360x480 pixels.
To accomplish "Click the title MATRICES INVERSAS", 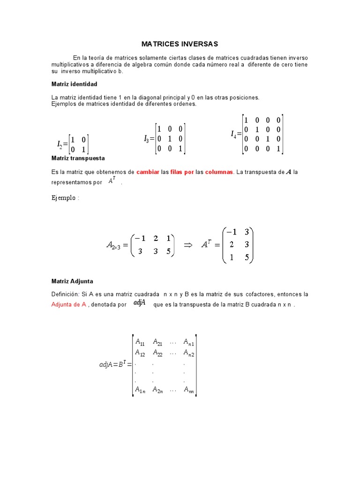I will [x=180, y=44].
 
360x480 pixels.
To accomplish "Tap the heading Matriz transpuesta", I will [x=78, y=158].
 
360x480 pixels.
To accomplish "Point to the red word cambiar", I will [x=148, y=172].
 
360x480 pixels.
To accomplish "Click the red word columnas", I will [x=219, y=172].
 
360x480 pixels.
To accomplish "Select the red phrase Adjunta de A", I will [x=68, y=304].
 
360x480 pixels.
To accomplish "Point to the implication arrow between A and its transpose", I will [x=188, y=244].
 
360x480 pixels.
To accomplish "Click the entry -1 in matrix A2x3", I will [x=141, y=238].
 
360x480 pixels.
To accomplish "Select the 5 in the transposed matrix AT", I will [x=246, y=257].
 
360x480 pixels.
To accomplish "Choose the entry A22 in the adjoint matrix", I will [x=158, y=352].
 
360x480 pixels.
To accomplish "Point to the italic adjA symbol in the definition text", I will [x=139, y=303].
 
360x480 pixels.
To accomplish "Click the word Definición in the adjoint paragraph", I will [x=65, y=294].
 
